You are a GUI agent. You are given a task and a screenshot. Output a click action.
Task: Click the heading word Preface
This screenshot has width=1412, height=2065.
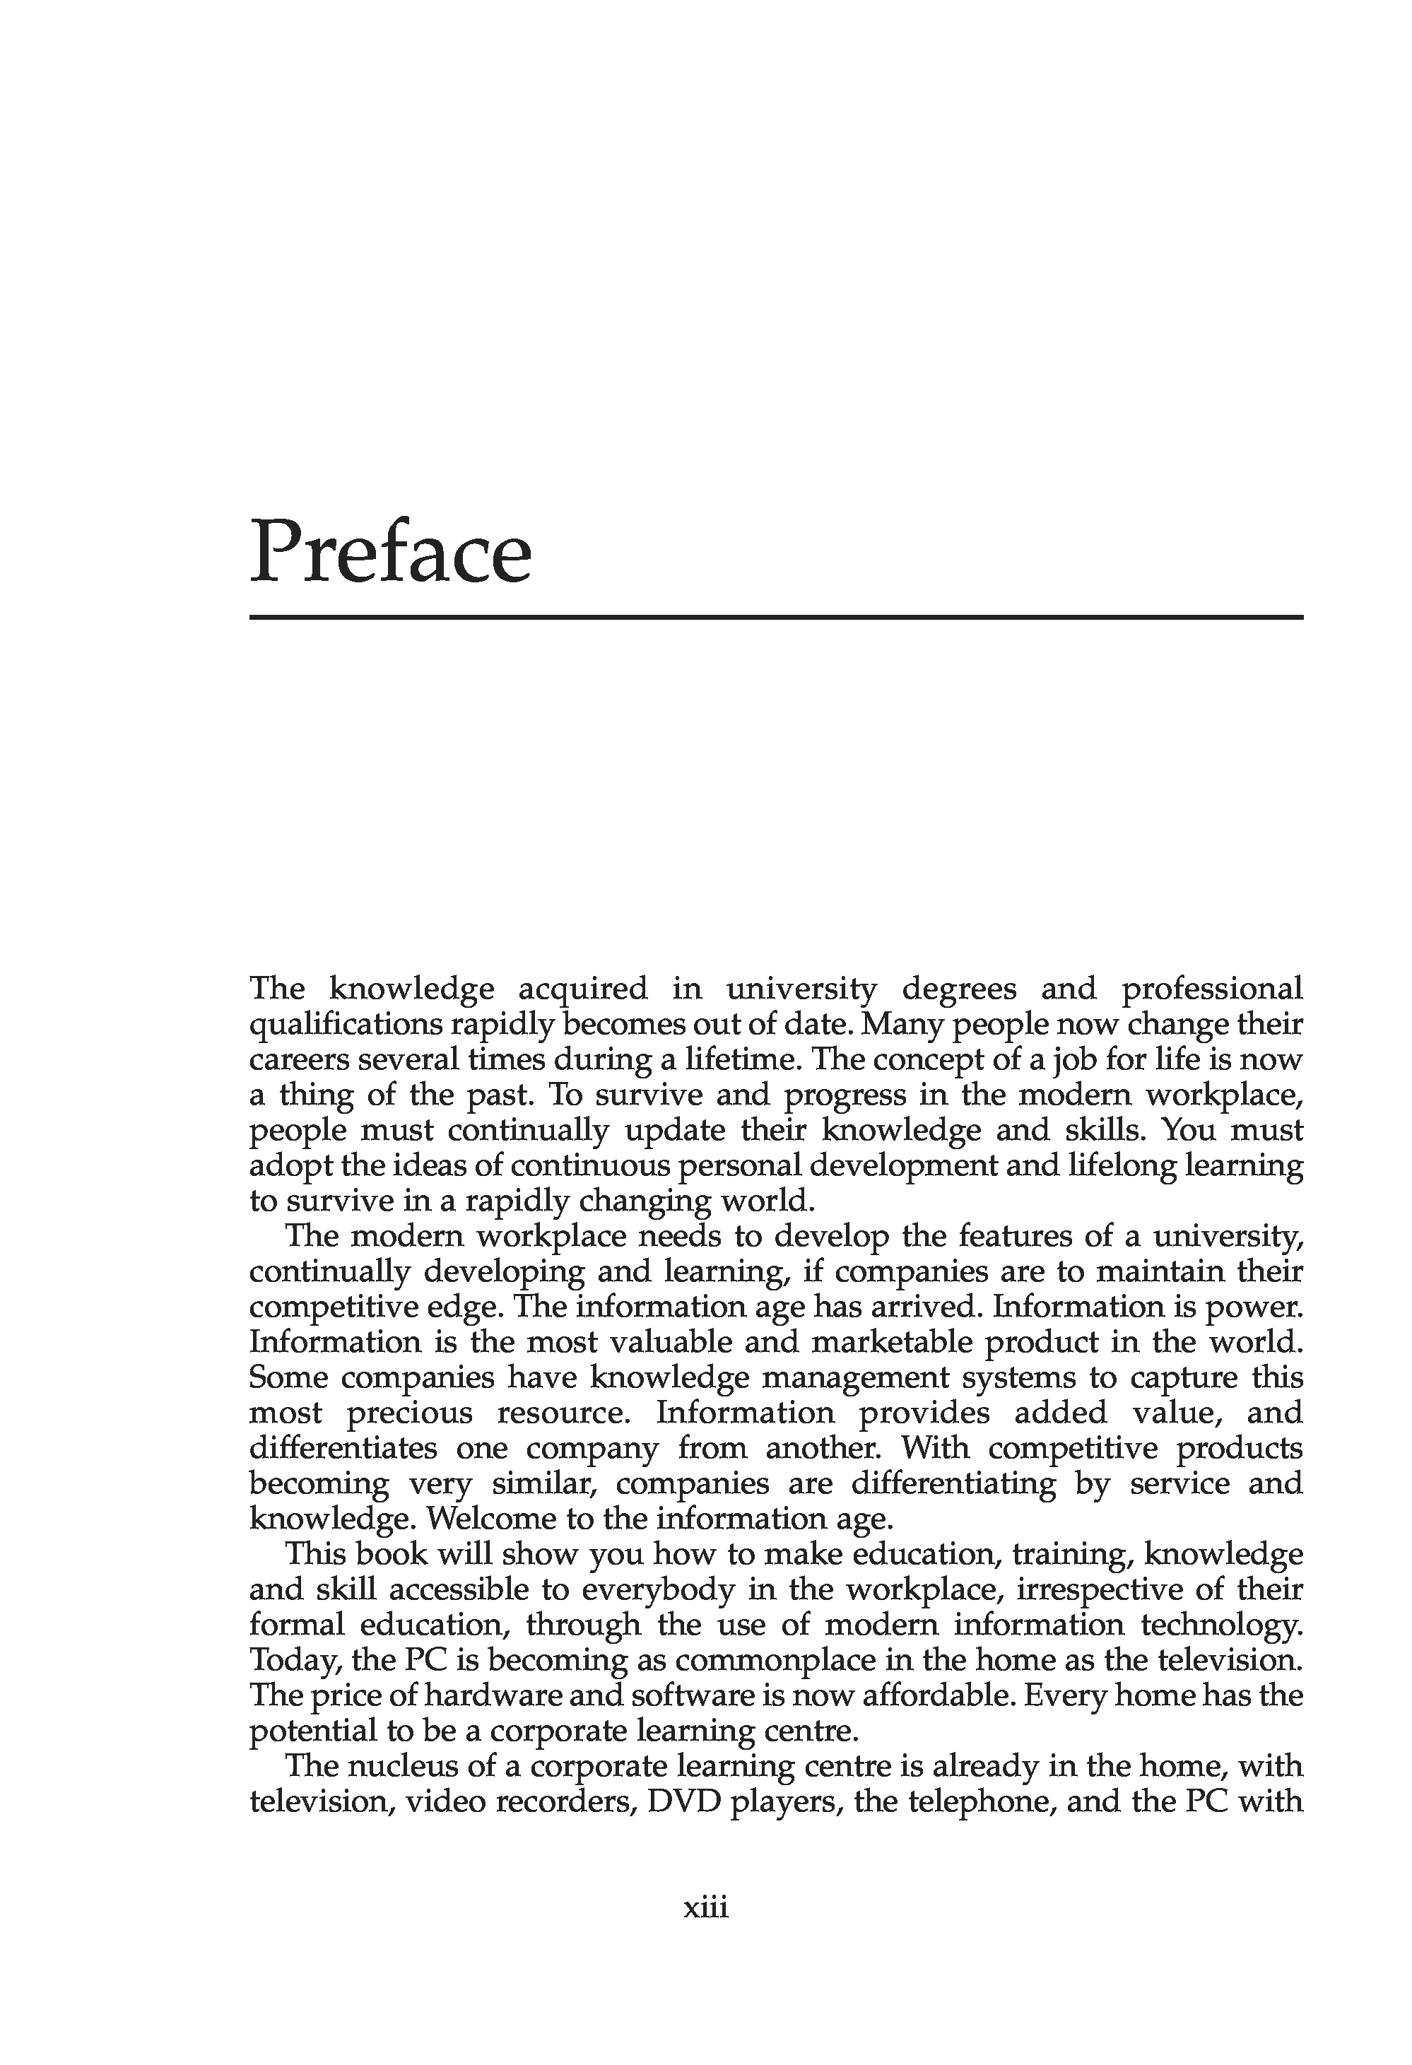[390, 553]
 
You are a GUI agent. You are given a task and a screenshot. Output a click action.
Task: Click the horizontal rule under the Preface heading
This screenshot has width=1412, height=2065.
[776, 617]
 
